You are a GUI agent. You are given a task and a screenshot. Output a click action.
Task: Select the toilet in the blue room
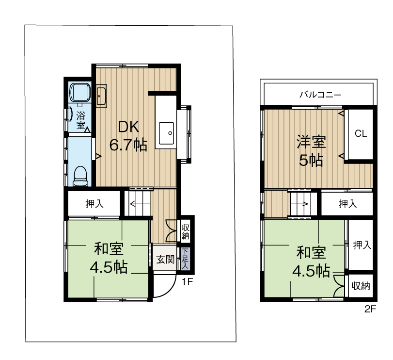coord(80,175)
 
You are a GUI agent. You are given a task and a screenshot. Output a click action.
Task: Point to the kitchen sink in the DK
coord(167,131)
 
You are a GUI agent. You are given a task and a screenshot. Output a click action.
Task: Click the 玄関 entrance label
coord(165,260)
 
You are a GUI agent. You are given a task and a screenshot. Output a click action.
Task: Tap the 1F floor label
coord(188,282)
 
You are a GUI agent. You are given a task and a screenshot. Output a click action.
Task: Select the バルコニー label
coord(320,95)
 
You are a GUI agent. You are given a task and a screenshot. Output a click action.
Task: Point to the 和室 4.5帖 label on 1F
coord(108,258)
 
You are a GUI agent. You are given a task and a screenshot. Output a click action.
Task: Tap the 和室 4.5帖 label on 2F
coord(311,262)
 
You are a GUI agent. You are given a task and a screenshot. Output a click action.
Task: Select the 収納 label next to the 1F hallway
coord(186,231)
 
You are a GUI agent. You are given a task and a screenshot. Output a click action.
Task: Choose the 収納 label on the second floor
coord(361,286)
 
